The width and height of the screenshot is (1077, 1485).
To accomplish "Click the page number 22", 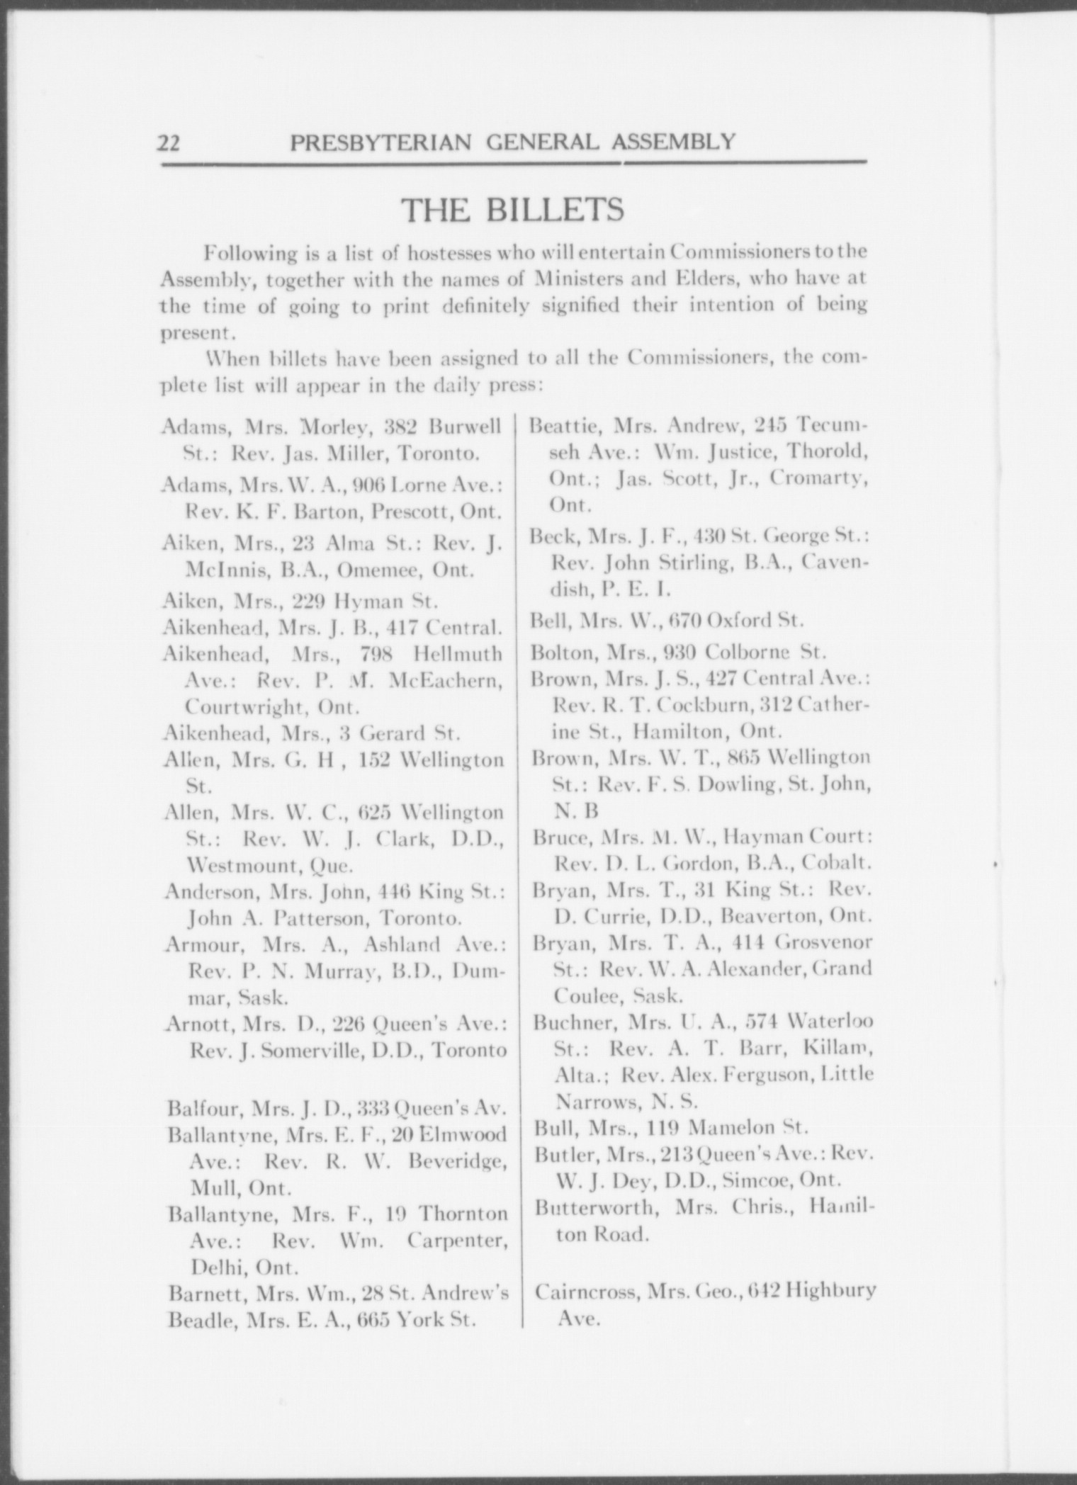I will pyautogui.click(x=169, y=143).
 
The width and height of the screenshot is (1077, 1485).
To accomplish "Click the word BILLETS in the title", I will pyautogui.click(x=554, y=210).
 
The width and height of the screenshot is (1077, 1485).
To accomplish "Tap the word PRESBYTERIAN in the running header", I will pyautogui.click(x=380, y=142).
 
